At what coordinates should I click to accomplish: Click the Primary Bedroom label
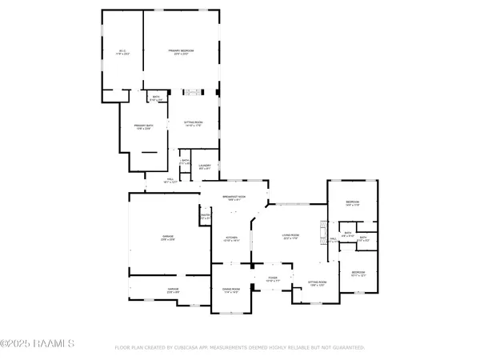[182, 52]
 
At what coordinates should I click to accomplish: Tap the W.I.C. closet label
[122, 52]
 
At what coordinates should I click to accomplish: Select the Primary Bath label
[143, 127]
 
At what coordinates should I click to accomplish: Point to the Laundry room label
[205, 167]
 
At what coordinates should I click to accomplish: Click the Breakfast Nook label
[235, 198]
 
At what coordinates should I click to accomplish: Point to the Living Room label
[290, 236]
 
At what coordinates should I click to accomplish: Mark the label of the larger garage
[168, 238]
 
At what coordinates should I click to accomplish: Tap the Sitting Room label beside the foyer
[318, 284]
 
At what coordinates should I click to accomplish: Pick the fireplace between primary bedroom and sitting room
[194, 92]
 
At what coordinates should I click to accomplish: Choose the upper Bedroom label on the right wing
[352, 203]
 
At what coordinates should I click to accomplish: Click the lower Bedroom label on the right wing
[358, 274]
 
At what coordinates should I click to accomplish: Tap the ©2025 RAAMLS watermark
[38, 344]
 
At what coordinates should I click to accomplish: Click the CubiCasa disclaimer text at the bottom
[240, 348]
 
